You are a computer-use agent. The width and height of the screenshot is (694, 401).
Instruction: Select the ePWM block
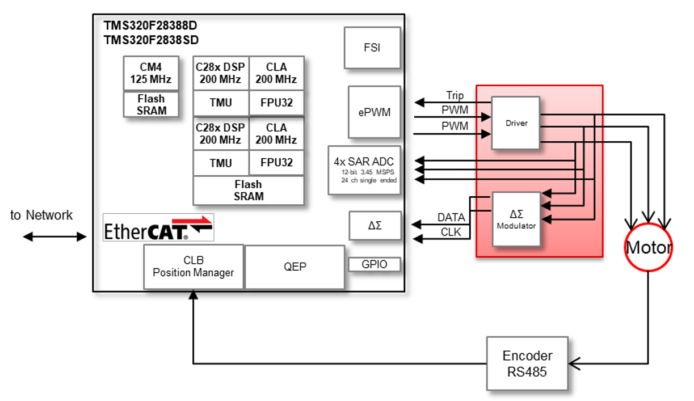pyautogui.click(x=374, y=112)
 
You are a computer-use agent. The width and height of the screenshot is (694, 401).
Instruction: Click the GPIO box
pyautogui.click(x=374, y=264)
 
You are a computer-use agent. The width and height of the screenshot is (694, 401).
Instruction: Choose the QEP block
pyautogui.click(x=295, y=267)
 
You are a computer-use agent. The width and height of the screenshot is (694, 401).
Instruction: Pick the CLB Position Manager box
pyautogui.click(x=193, y=267)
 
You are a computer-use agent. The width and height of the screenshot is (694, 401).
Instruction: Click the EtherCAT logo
pyautogui.click(x=158, y=227)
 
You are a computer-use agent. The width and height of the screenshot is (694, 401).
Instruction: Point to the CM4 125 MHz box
pyautogui.click(x=151, y=73)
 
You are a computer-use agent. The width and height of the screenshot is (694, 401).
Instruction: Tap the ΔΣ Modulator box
pyautogui.click(x=516, y=219)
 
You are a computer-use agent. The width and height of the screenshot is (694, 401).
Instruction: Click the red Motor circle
pyautogui.click(x=648, y=247)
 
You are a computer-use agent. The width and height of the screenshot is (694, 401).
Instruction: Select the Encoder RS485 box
pyautogui.click(x=527, y=363)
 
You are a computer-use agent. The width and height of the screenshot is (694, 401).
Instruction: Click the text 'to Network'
pyautogui.click(x=41, y=216)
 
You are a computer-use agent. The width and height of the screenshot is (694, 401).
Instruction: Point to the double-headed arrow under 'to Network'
pyautogui.click(x=54, y=237)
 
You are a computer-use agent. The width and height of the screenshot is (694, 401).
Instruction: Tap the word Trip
pyautogui.click(x=455, y=95)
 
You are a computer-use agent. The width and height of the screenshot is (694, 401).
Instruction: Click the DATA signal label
pyautogui.click(x=451, y=217)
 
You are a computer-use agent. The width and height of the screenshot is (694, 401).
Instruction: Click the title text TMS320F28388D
pyautogui.click(x=150, y=27)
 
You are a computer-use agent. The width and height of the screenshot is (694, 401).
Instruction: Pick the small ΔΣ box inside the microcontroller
pyautogui.click(x=375, y=226)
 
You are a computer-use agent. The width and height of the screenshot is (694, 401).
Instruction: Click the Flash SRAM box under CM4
pyautogui.click(x=151, y=104)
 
